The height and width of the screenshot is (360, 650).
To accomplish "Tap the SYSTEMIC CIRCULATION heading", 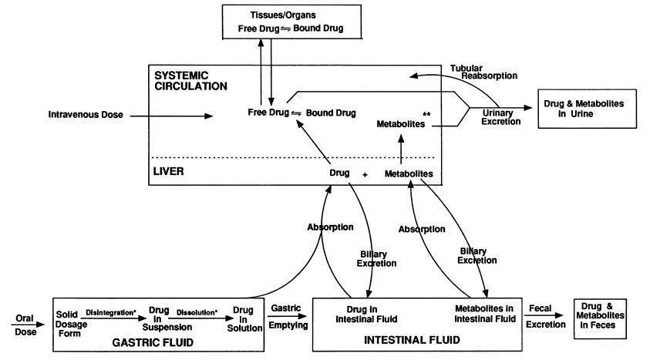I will click(x=191, y=81).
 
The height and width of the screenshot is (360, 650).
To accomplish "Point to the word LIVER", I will click(x=169, y=172).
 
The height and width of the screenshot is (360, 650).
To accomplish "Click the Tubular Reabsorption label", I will click(x=483, y=72).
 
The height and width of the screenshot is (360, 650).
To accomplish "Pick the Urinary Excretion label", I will click(x=497, y=116).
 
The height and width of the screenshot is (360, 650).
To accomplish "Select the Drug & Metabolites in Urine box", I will click(x=584, y=108).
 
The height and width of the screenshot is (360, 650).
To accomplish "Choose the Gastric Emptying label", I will click(x=289, y=316).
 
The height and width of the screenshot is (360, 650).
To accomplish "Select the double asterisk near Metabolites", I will click(x=426, y=115).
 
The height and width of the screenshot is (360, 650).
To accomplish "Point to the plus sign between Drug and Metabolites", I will click(x=365, y=176).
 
